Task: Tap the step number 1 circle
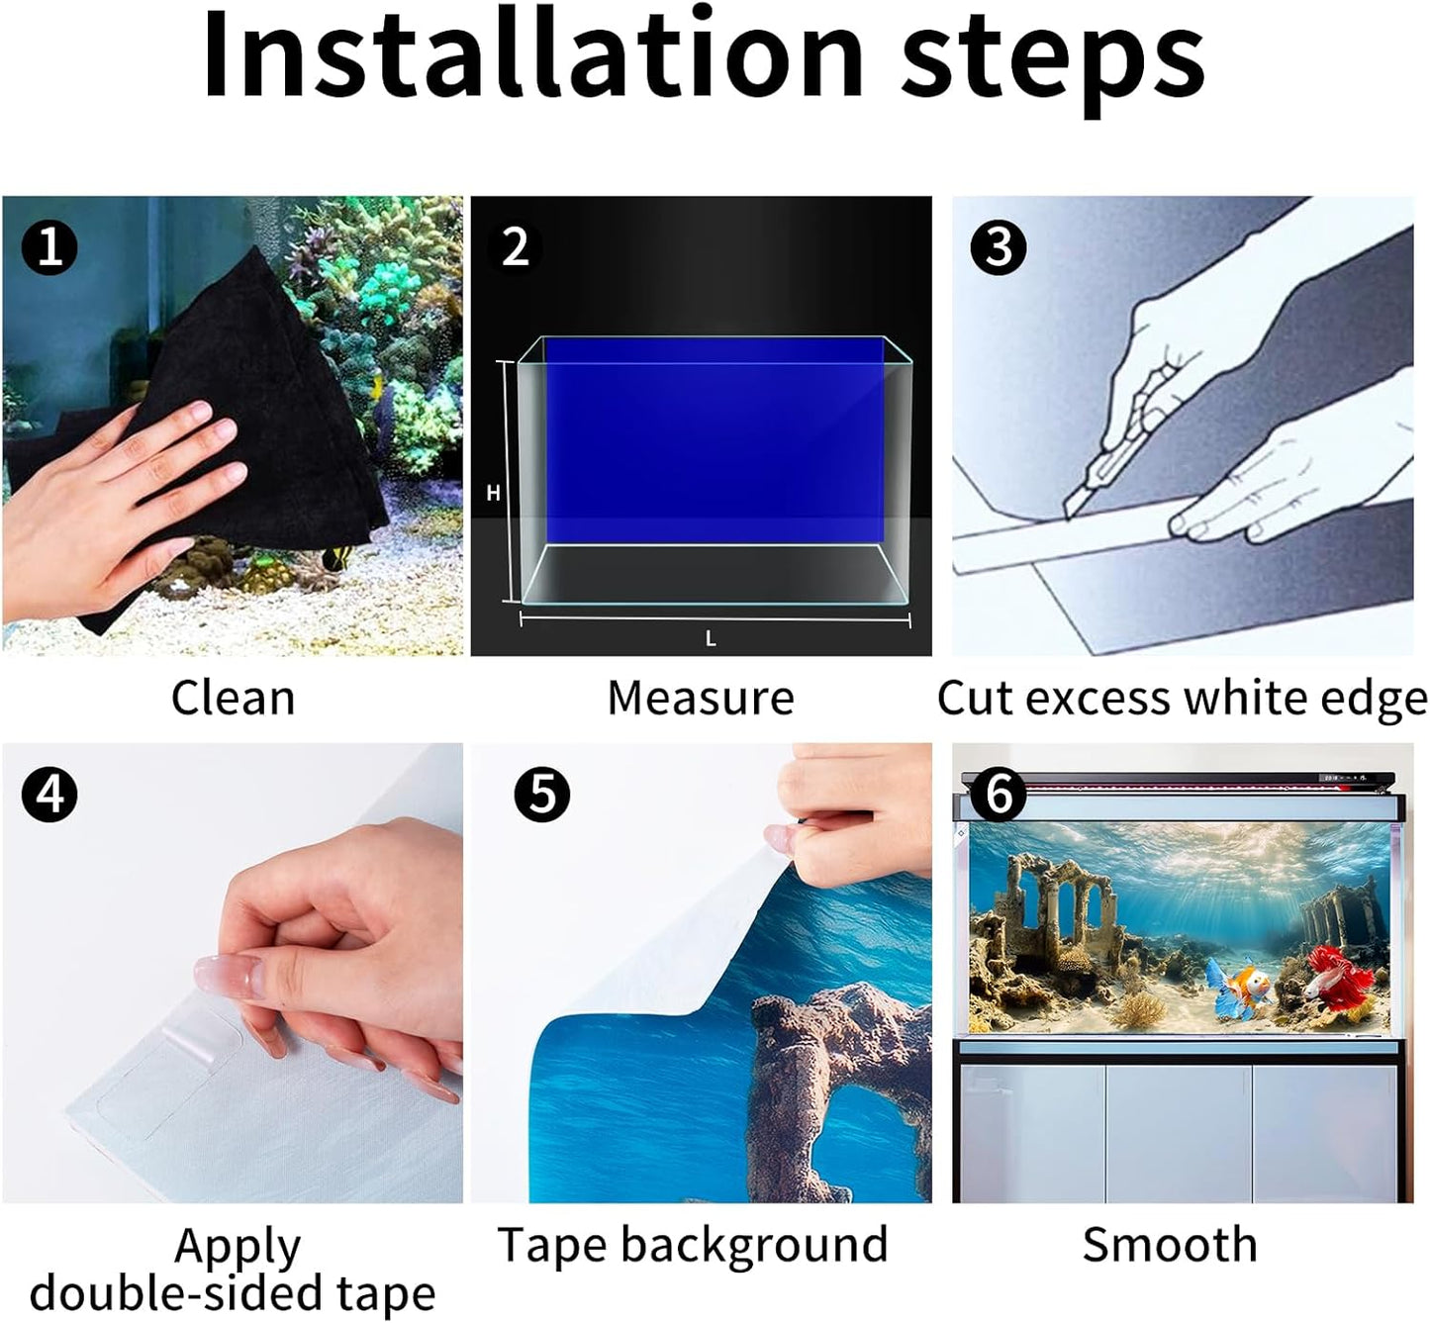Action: point(49,247)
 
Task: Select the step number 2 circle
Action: point(516,247)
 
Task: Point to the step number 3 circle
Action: point(998,247)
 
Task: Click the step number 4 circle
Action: point(49,795)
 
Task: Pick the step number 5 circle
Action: point(542,795)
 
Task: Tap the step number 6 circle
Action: point(998,795)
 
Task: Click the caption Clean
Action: point(234,698)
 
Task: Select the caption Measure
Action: point(701,698)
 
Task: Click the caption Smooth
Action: point(1170,1245)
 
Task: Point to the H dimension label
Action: point(493,493)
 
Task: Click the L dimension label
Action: point(711,639)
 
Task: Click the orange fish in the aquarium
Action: point(1240,989)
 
